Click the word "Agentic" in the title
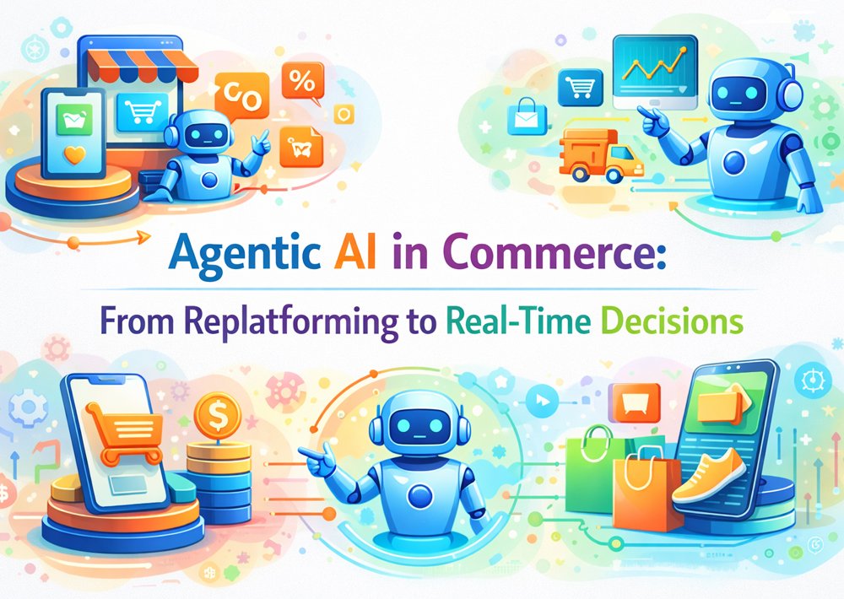245,253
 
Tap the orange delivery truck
600,154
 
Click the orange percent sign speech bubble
302,82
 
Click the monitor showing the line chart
655,72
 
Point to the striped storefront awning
143,66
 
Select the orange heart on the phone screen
74,154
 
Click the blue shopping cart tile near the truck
580,87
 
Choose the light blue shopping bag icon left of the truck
527,116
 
